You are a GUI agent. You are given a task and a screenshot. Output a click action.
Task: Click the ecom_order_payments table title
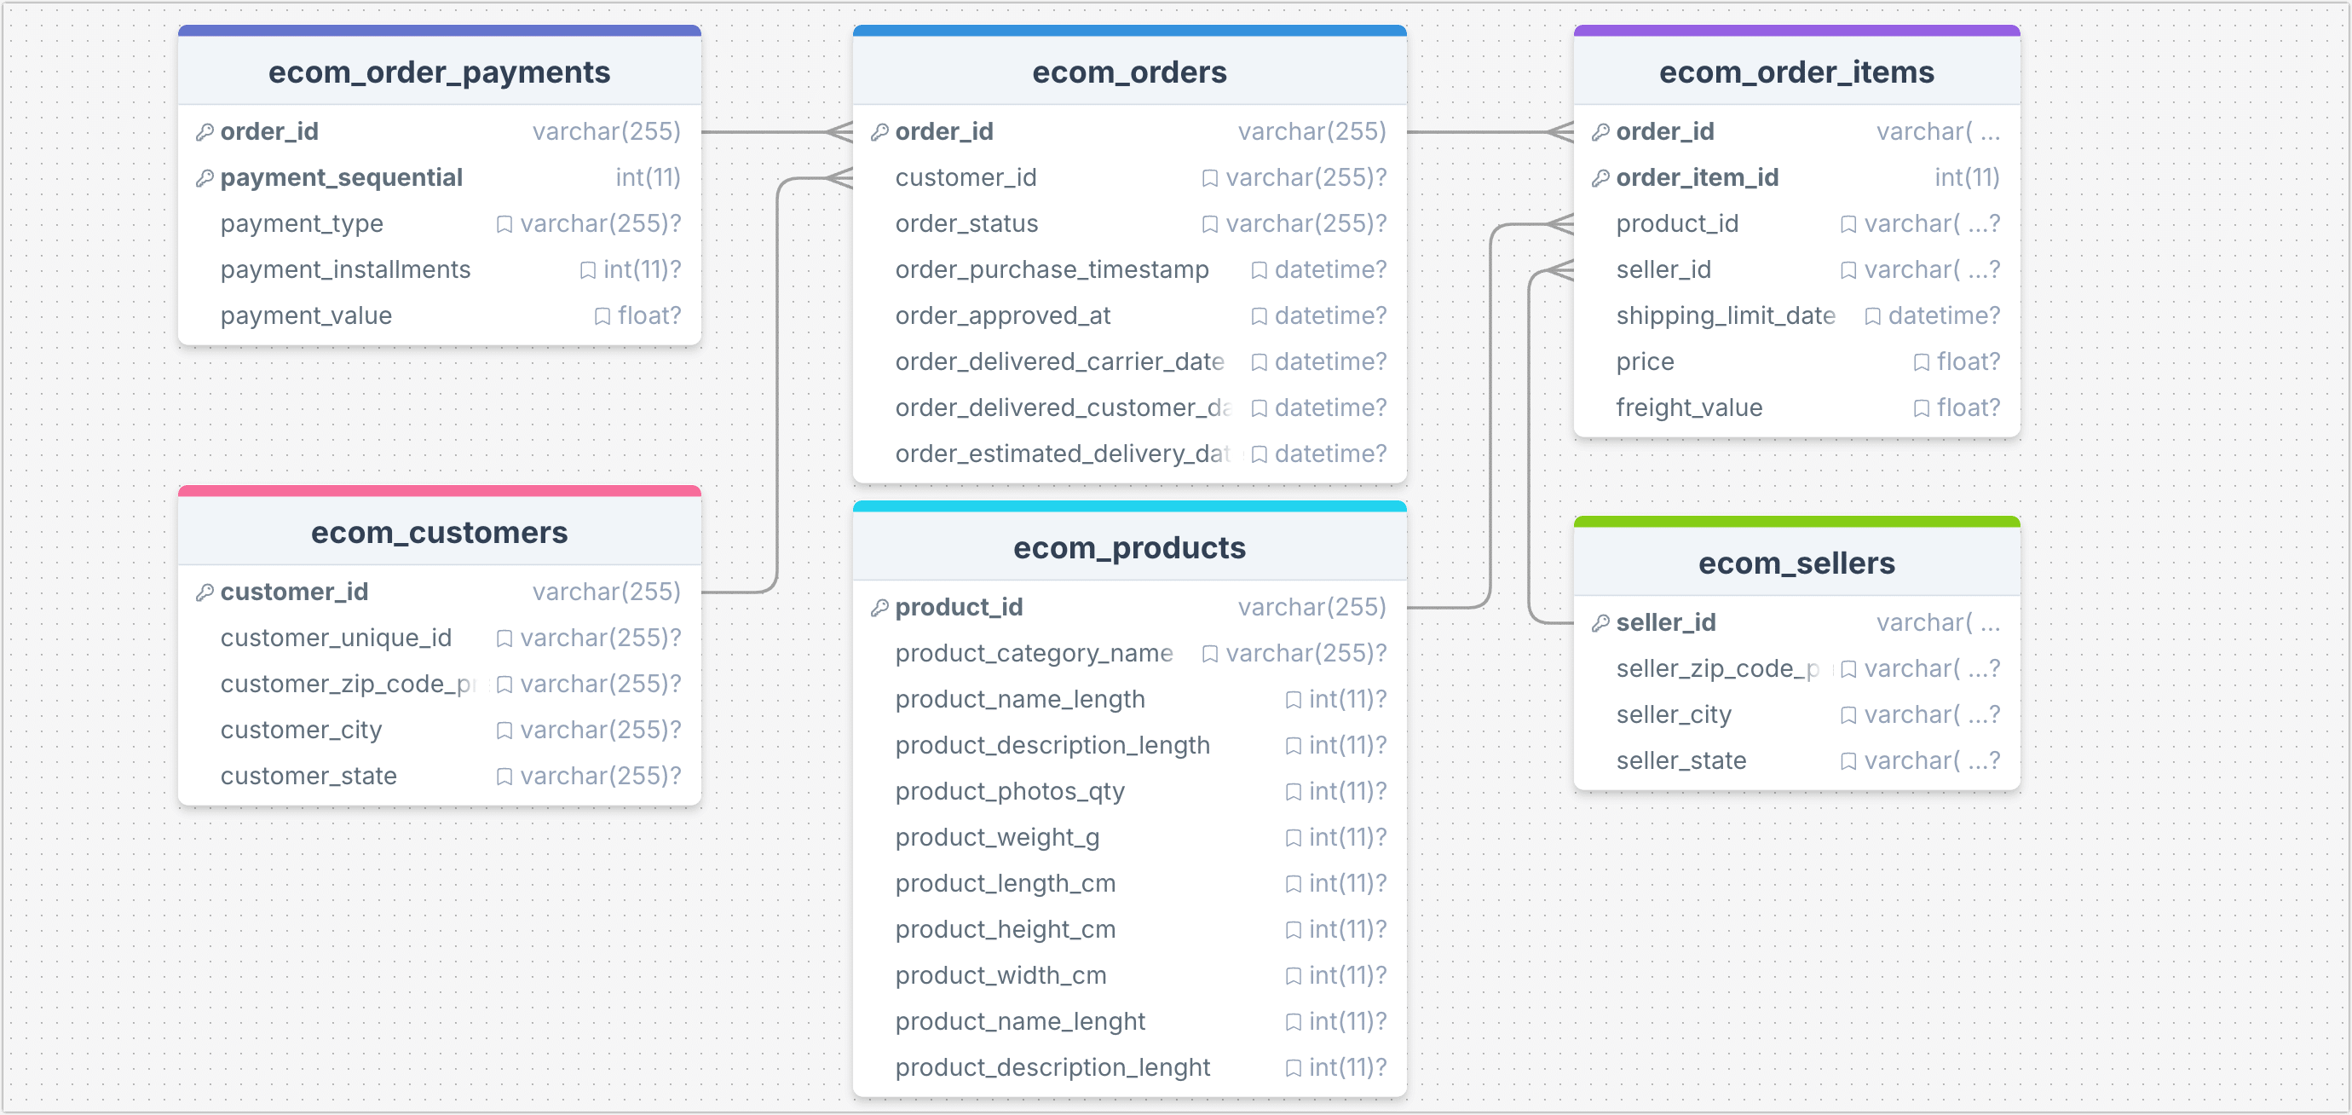tap(438, 72)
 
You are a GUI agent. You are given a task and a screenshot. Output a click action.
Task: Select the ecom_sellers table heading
tap(1796, 563)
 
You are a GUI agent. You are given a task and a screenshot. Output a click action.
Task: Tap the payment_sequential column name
tap(341, 178)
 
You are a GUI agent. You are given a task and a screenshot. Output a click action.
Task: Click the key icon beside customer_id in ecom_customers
tap(205, 592)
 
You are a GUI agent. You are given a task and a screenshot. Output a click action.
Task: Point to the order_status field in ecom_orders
tap(966, 223)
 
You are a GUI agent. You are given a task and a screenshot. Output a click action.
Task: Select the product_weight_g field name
tap(996, 837)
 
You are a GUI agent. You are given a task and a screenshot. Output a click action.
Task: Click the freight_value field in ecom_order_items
tap(1688, 408)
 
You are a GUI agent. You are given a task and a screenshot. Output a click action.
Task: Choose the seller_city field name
tap(1673, 715)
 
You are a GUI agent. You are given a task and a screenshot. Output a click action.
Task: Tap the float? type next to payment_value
tap(649, 316)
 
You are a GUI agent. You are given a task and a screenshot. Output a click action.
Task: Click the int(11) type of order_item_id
tap(1966, 178)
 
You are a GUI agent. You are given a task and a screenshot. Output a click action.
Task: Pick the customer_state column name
tap(308, 777)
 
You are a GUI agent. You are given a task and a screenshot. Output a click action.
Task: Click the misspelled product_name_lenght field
tap(1019, 1022)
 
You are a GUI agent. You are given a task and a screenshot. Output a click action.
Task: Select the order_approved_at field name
tap(1001, 316)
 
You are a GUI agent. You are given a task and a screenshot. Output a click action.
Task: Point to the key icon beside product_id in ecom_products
tap(879, 608)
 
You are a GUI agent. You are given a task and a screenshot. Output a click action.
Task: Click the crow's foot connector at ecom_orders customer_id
tap(839, 178)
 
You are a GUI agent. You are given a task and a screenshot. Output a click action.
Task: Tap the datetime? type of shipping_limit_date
tap(1943, 316)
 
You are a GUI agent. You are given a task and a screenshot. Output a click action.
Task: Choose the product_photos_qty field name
tap(1009, 792)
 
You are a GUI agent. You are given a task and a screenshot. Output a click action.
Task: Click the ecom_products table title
tap(1128, 548)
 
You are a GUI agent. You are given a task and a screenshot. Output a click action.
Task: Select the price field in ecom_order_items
tap(1644, 362)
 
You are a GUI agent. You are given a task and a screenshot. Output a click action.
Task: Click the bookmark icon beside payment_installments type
tap(588, 270)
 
